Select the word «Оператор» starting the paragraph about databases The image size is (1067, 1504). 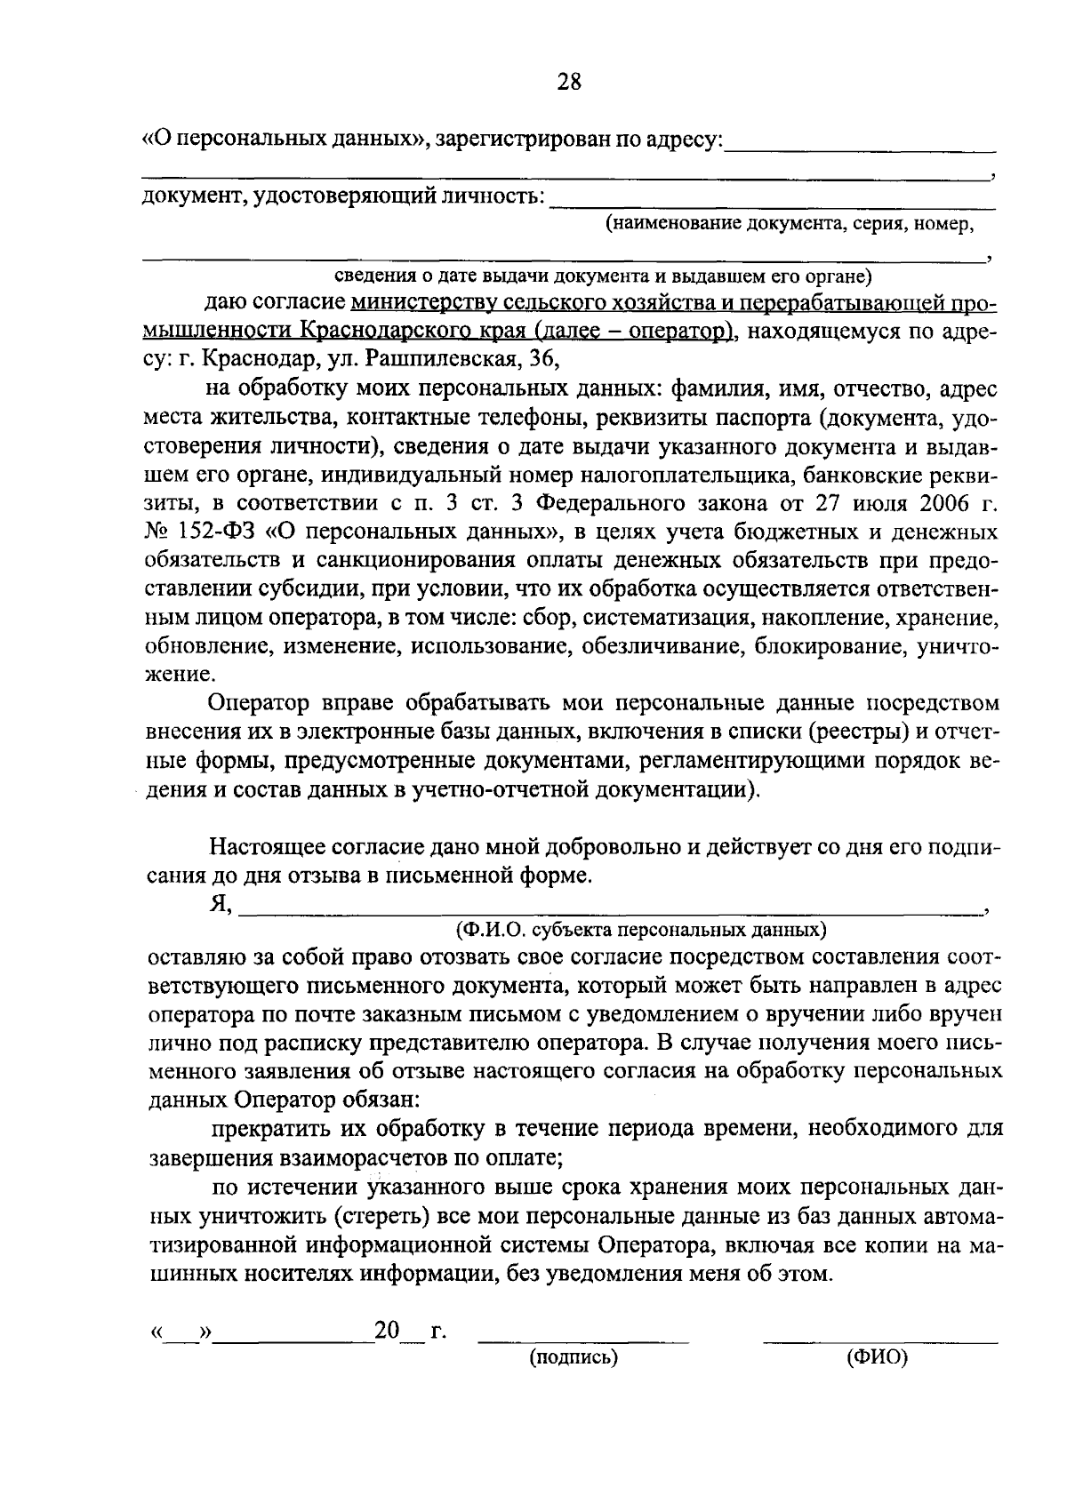[x=258, y=703]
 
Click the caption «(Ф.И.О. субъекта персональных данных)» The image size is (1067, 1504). [x=640, y=929]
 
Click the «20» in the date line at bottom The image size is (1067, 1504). [x=388, y=1331]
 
